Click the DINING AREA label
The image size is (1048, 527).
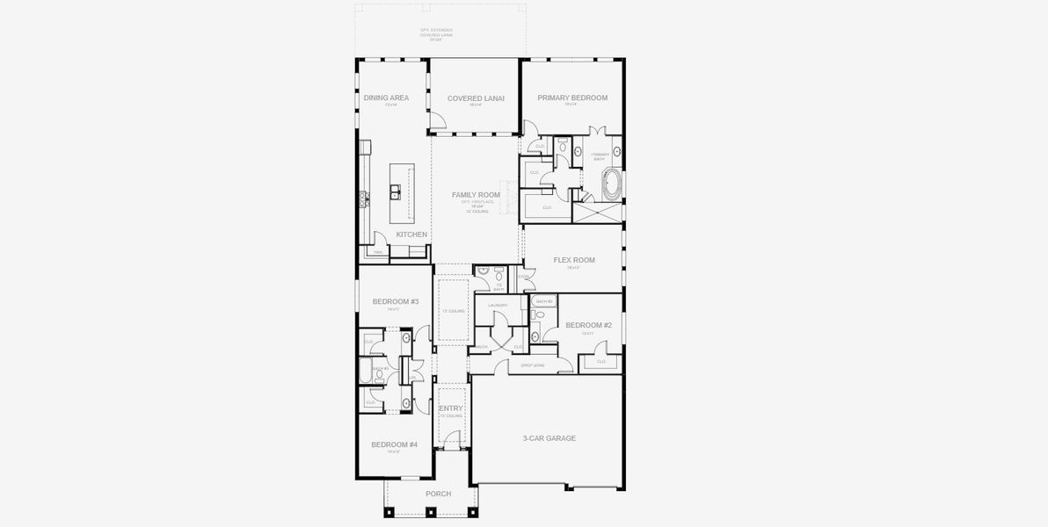(387, 97)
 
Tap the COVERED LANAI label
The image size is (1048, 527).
(476, 97)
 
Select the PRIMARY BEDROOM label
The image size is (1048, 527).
(572, 97)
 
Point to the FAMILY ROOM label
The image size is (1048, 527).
(476, 194)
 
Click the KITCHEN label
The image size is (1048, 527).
(411, 235)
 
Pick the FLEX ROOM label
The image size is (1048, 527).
(574, 260)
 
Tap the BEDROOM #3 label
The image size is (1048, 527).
(395, 301)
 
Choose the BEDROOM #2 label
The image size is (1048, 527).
(582, 325)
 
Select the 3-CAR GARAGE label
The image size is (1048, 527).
(549, 437)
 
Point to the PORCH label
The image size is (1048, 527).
(438, 494)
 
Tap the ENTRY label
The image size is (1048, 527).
(451, 408)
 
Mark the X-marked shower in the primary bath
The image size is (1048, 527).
(598, 213)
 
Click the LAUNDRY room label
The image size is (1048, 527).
(498, 305)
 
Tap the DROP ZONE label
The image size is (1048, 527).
(532, 364)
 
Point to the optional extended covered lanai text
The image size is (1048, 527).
(437, 34)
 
